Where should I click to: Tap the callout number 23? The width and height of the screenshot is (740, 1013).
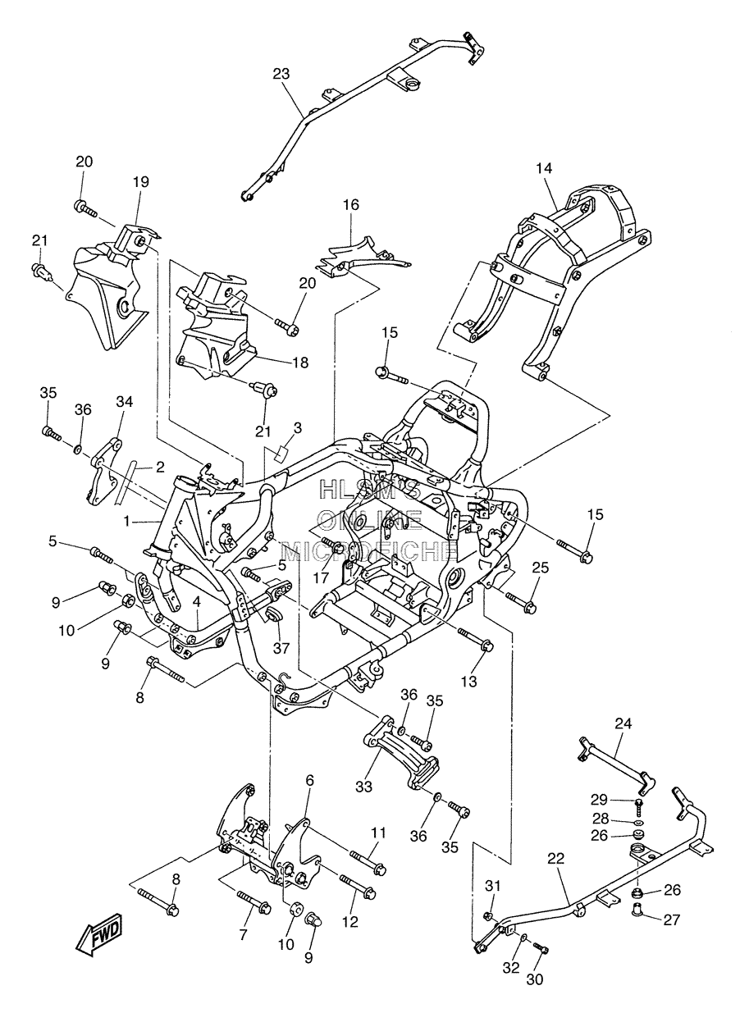(281, 74)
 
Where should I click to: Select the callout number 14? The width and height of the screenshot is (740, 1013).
(544, 169)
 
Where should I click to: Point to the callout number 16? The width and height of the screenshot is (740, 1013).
(350, 205)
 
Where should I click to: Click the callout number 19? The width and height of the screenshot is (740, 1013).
(140, 182)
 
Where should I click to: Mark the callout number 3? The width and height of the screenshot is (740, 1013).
(297, 427)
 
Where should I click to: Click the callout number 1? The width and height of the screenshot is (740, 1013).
(127, 522)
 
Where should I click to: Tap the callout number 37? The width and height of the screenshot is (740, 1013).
(281, 649)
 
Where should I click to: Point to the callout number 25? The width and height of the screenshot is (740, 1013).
(540, 567)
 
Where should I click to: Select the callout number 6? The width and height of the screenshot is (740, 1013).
(309, 781)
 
